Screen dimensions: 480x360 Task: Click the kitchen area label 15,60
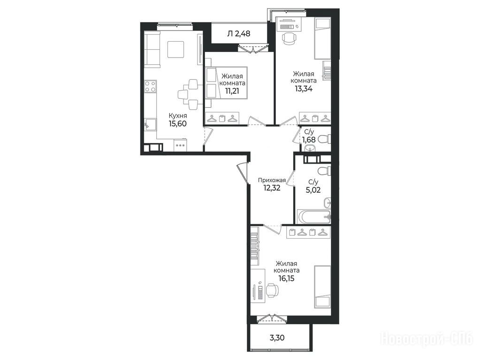tap(177, 124)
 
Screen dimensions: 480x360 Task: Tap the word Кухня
tap(177, 116)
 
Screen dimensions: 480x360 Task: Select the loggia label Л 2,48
tap(238, 33)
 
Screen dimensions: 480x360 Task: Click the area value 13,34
tap(304, 89)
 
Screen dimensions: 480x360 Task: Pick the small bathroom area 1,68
tap(309, 140)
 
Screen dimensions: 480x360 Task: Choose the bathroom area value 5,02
tap(313, 190)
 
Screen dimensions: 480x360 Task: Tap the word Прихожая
tap(272, 180)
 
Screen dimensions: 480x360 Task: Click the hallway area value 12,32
tap(272, 187)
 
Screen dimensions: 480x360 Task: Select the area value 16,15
tap(287, 278)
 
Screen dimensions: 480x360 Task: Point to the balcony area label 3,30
tap(277, 337)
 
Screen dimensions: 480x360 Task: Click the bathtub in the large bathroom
tap(314, 217)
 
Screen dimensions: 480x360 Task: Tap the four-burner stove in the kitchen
tap(151, 86)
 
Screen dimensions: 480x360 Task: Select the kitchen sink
tap(150, 125)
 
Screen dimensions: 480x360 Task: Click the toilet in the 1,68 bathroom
tap(324, 139)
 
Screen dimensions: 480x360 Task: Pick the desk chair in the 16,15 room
tap(272, 290)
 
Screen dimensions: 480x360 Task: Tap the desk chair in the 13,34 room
tap(290, 38)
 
